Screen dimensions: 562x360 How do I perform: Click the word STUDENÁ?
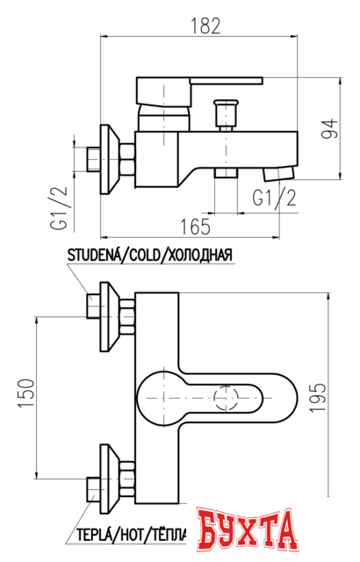pyautogui.click(x=92, y=256)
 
